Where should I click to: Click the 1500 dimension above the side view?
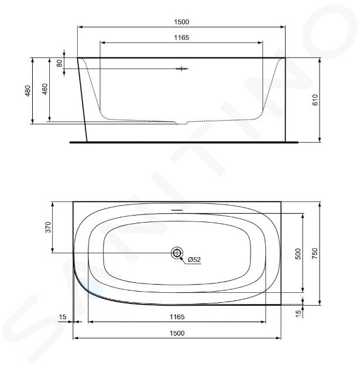tap(181, 22)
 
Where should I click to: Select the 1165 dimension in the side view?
tap(181, 37)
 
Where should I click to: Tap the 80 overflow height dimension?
tap(59, 63)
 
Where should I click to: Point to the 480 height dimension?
tap(28, 91)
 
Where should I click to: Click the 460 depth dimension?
tap(44, 89)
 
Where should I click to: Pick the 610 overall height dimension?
tap(315, 100)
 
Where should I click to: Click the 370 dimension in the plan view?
tap(48, 227)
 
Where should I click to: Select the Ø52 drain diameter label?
tap(194, 259)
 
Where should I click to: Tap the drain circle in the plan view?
tap(177, 253)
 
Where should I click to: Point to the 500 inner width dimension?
tap(298, 254)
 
